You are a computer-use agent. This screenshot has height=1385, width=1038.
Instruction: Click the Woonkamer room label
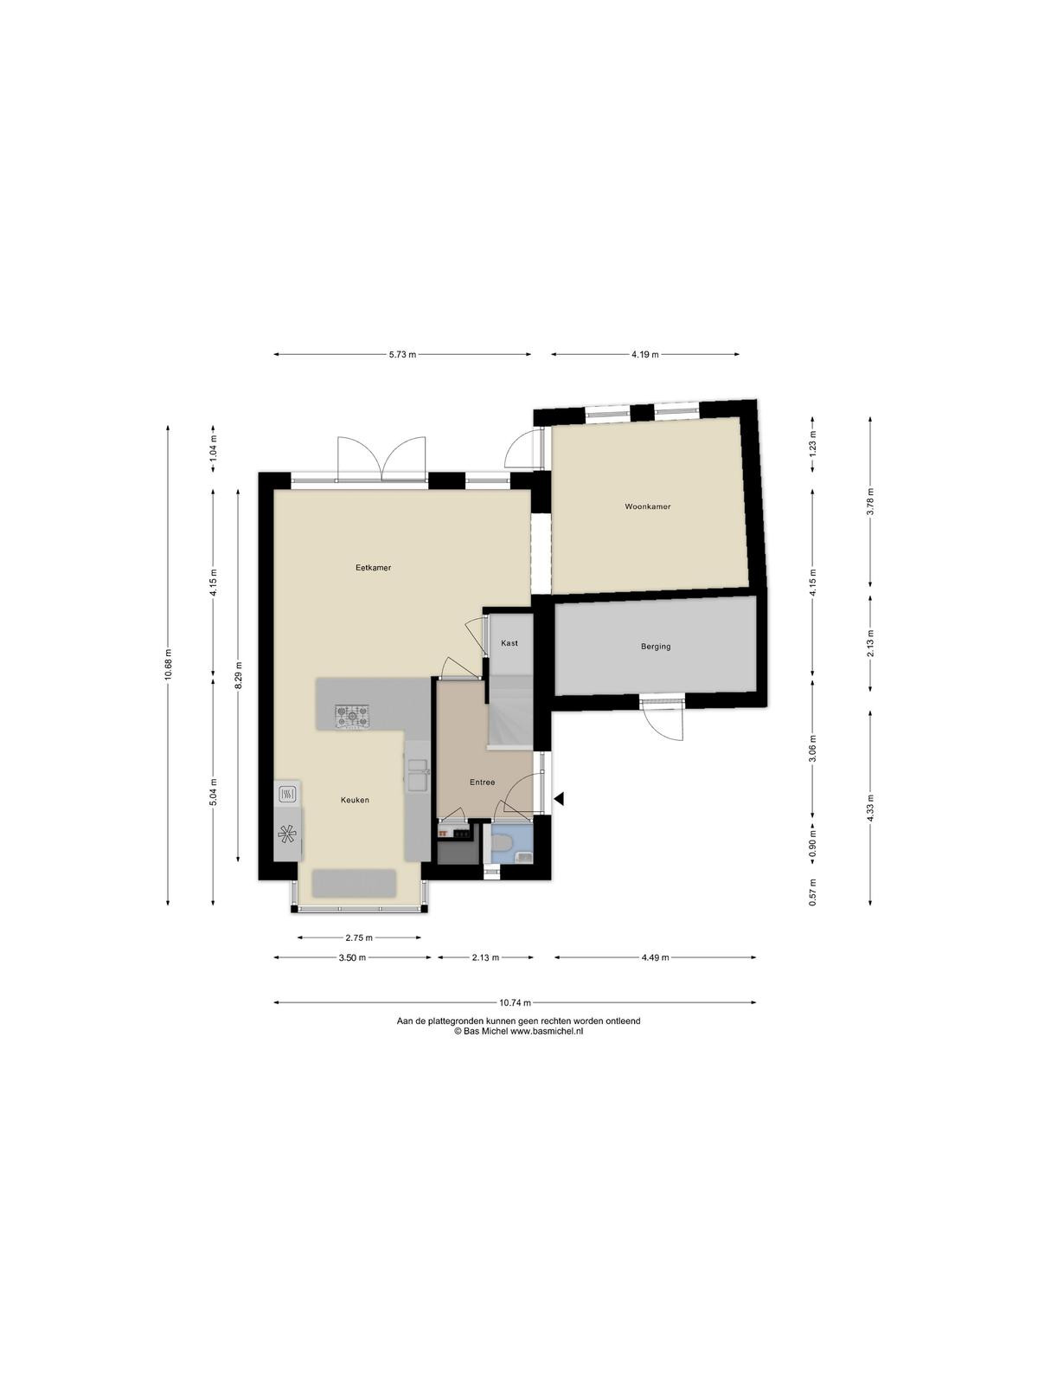tap(647, 506)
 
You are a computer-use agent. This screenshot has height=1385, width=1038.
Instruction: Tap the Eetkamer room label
tap(373, 567)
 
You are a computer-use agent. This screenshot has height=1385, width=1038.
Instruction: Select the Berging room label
tap(656, 646)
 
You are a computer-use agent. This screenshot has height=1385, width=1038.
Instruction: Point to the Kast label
tap(509, 643)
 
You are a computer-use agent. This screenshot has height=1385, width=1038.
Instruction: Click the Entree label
tap(482, 783)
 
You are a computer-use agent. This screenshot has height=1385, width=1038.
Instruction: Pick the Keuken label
tap(355, 800)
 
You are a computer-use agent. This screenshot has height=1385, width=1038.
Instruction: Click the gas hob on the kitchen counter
tap(352, 717)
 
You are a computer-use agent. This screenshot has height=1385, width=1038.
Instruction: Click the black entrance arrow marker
tap(559, 800)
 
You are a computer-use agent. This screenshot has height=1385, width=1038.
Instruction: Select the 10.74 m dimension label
tap(516, 1002)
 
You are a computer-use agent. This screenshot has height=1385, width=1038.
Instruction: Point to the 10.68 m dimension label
tap(168, 665)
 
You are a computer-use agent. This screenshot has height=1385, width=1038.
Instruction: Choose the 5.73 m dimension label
tap(402, 355)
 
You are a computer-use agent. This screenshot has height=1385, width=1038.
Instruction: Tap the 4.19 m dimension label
tap(644, 355)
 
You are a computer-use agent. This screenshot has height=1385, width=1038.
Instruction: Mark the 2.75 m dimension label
tap(359, 937)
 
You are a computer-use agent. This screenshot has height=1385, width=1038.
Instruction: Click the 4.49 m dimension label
tap(656, 958)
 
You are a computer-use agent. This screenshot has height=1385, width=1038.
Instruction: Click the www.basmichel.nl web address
tap(547, 1031)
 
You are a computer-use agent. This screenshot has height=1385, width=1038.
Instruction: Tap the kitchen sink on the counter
tap(417, 775)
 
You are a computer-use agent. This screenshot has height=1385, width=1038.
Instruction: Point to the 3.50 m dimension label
tap(352, 958)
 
